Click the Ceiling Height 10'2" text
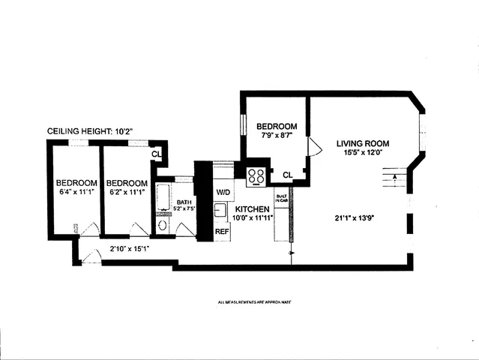(x=90, y=131)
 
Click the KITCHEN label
(x=252, y=208)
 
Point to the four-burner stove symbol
(x=256, y=176)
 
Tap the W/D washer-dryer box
(x=223, y=192)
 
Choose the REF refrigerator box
(x=222, y=232)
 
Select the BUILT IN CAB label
(x=282, y=199)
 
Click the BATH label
(x=184, y=202)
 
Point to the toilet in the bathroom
(x=163, y=225)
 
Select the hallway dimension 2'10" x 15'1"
(x=131, y=248)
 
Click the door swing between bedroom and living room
(x=314, y=148)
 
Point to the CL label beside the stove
(x=287, y=175)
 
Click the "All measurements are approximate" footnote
(x=253, y=302)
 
